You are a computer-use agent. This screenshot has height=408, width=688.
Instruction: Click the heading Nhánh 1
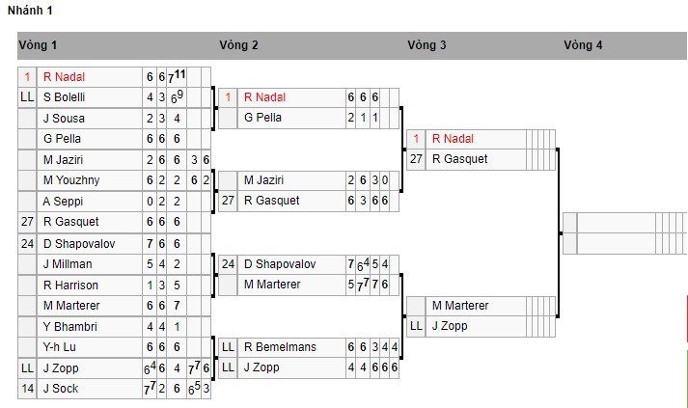click(30, 11)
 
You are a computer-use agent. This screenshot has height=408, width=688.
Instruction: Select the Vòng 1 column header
click(38, 45)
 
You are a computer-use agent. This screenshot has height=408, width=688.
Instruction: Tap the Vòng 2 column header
click(238, 45)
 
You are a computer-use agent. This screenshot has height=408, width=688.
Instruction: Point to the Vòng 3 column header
click(427, 45)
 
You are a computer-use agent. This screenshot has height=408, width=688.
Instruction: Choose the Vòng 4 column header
click(584, 45)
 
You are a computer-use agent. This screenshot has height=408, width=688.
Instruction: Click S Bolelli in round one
click(64, 97)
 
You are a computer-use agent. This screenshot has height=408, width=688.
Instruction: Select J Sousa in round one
click(61, 118)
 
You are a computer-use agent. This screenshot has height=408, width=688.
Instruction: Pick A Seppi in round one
click(60, 201)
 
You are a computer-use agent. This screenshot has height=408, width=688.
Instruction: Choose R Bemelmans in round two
click(280, 347)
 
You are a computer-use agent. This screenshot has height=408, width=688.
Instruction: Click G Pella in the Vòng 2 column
click(261, 118)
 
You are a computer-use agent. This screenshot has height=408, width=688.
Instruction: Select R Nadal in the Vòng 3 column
click(453, 139)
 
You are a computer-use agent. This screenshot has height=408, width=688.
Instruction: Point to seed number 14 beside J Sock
click(27, 389)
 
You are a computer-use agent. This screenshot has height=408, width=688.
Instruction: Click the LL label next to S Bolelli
click(27, 97)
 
